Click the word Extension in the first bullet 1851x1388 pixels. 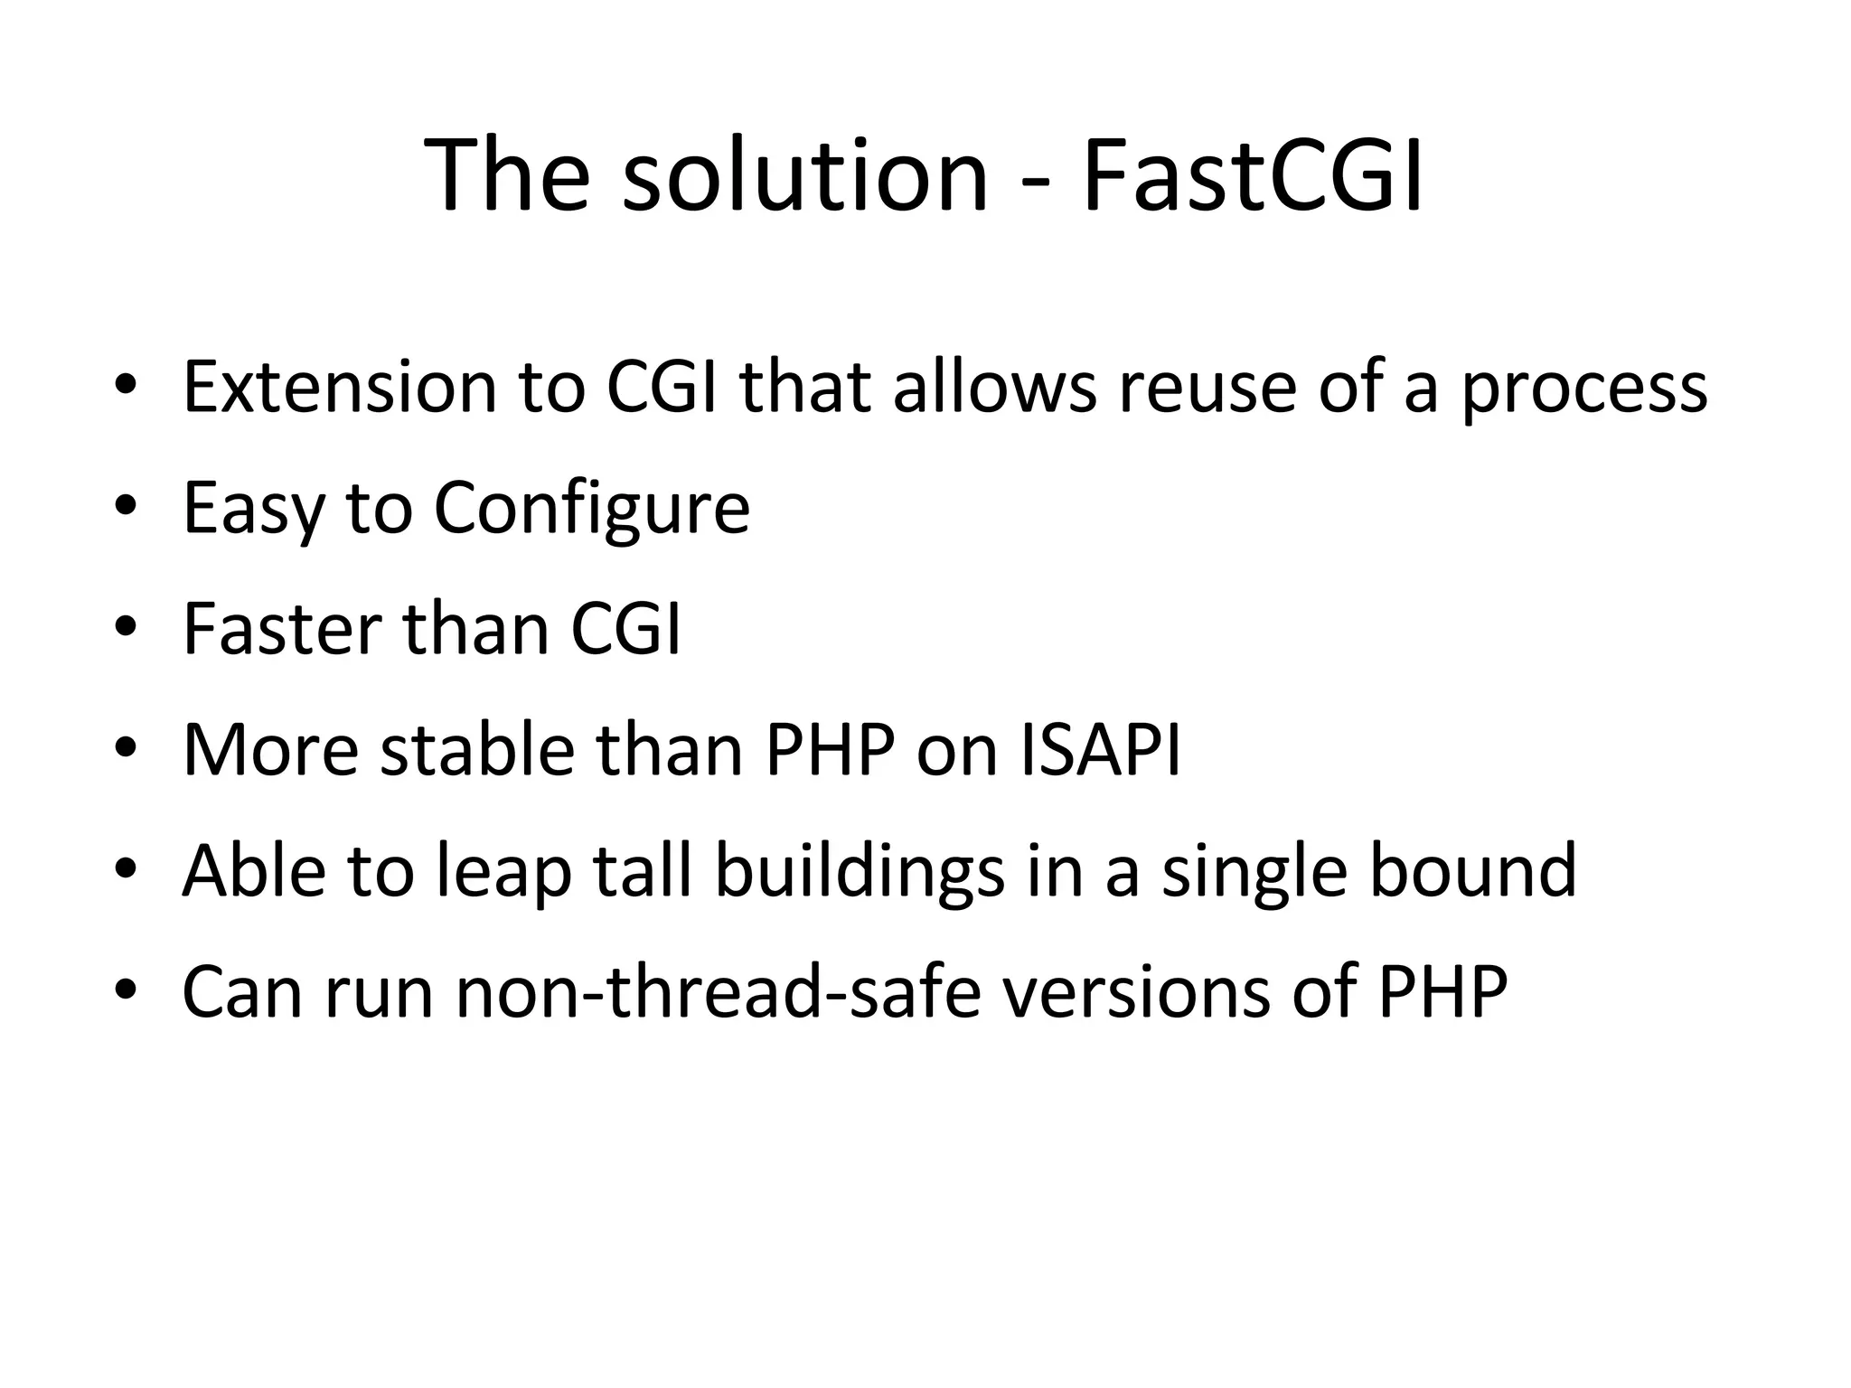pyautogui.click(x=340, y=387)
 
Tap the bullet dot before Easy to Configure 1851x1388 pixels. pyautogui.click(x=126, y=505)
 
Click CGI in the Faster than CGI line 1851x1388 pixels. pyautogui.click(x=625, y=629)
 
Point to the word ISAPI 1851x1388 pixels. pyautogui.click(x=1100, y=750)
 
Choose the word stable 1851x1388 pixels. pyautogui.click(x=477, y=750)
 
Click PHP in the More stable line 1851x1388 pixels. pyautogui.click(x=830, y=750)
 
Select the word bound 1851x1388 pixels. pyautogui.click(x=1473, y=871)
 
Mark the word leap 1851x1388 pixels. pyautogui.click(x=504, y=873)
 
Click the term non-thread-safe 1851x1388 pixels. pyautogui.click(x=718, y=992)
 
